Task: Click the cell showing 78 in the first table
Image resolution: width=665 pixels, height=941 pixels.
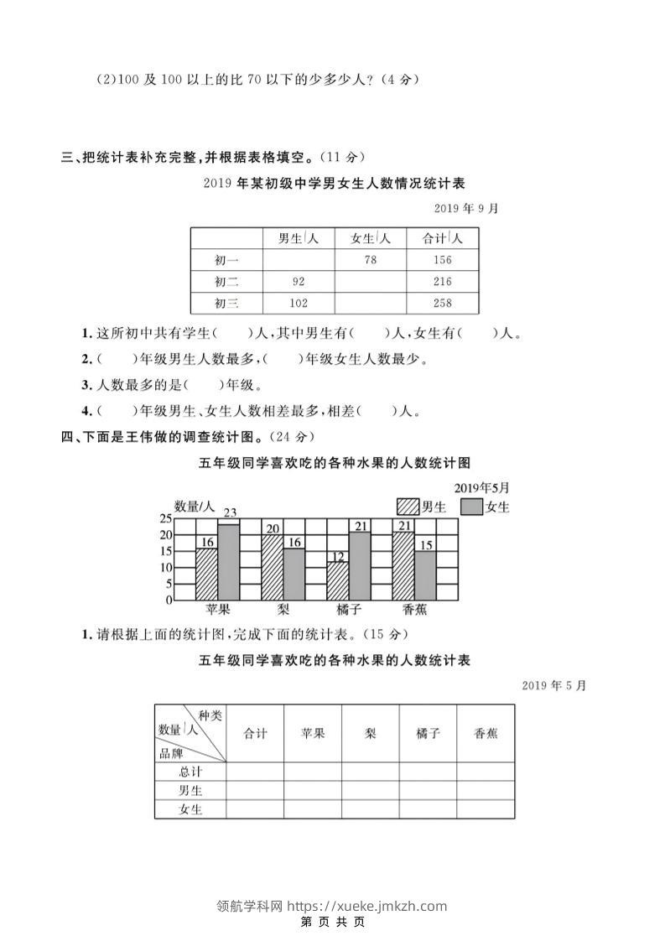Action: click(x=370, y=260)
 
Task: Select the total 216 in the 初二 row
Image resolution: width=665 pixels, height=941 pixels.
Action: click(x=443, y=282)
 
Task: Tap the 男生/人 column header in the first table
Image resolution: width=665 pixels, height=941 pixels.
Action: click(x=299, y=238)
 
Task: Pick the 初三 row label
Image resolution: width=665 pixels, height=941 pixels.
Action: click(x=226, y=303)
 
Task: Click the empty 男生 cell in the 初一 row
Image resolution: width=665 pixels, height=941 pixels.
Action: click(x=299, y=260)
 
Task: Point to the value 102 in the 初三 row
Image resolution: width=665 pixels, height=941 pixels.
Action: click(x=299, y=303)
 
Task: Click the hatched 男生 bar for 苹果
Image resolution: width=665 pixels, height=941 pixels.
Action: click(x=207, y=574)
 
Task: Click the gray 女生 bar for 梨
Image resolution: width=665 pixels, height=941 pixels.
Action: click(x=294, y=574)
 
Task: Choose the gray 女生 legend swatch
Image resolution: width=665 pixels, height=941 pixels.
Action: click(x=472, y=507)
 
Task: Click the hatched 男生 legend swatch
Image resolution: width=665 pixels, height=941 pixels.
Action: click(x=408, y=507)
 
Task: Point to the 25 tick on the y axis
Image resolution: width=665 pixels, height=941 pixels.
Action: click(x=165, y=518)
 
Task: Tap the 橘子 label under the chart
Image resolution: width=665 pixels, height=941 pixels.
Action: click(x=349, y=610)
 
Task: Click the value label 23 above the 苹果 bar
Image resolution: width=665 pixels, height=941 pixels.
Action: click(x=229, y=512)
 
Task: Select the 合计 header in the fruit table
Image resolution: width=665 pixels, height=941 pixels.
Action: click(x=255, y=733)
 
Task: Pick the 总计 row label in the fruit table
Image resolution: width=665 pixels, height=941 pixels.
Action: click(x=190, y=772)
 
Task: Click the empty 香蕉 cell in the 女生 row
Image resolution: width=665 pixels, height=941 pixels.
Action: click(x=486, y=809)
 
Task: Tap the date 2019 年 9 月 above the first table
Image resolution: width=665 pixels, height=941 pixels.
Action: click(x=465, y=208)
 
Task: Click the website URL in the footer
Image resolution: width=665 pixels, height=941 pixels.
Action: click(x=367, y=906)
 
